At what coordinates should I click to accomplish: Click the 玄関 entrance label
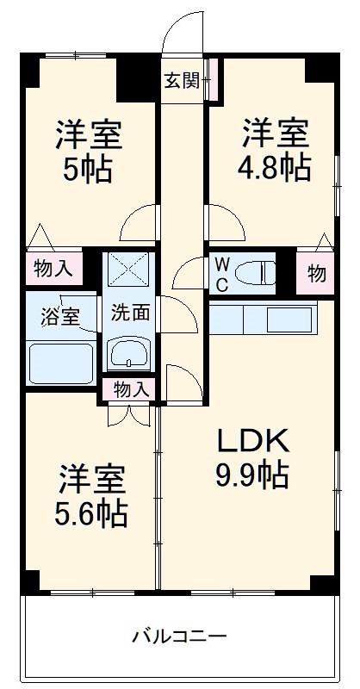tap(182, 82)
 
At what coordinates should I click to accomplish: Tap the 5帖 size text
tap(90, 170)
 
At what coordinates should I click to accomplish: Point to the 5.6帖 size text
tap(92, 514)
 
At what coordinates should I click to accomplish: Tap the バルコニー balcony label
tap(179, 638)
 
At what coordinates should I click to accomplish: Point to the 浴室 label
tap(59, 315)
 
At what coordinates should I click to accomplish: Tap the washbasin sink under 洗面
tap(130, 353)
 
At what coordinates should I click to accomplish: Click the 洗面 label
tap(131, 313)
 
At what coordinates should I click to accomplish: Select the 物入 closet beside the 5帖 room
tap(53, 269)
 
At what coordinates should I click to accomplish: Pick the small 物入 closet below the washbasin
tap(130, 390)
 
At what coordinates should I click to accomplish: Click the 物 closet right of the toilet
tap(316, 274)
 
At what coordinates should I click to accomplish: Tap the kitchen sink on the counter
tap(290, 320)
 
